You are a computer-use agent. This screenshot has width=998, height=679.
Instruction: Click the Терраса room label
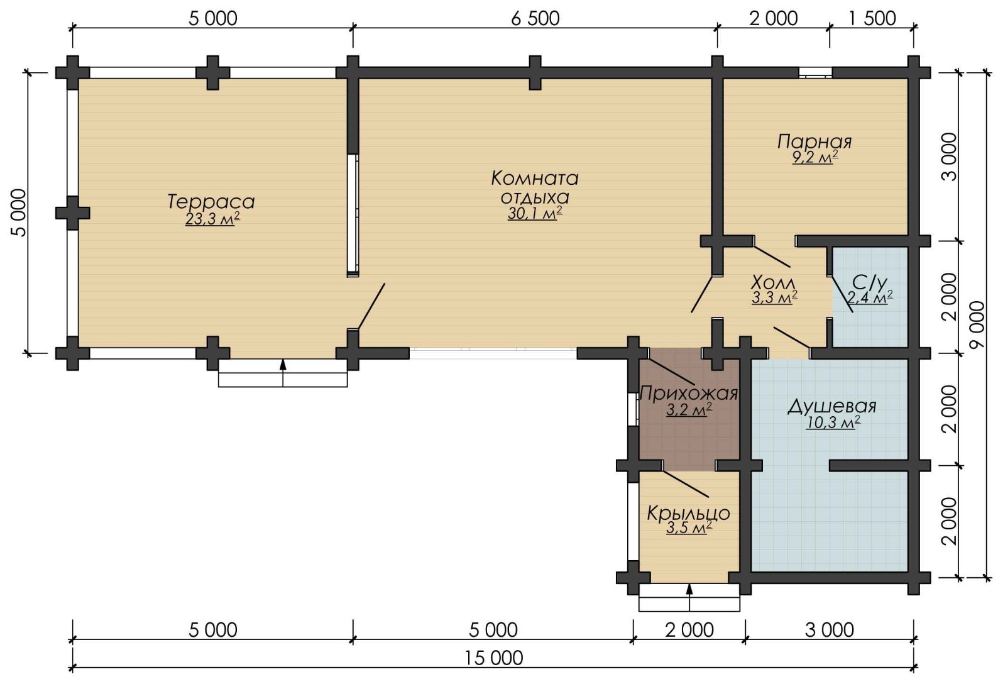pos(211,202)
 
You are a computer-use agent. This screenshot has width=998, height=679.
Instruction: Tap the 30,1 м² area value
pos(535,214)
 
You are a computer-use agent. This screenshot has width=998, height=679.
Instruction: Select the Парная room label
pos(814,142)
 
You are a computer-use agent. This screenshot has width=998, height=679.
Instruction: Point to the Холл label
pos(773,282)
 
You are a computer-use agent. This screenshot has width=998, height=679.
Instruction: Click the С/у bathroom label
pos(870,282)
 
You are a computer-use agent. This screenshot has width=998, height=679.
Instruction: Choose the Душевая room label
pos(832,407)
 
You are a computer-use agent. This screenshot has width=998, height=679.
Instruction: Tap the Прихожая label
pos(689,394)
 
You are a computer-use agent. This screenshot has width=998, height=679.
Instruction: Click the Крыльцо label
pos(688,513)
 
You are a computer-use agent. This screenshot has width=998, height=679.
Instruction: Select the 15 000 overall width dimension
pos(493,658)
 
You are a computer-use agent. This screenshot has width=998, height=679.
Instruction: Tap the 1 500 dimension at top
pos(872,19)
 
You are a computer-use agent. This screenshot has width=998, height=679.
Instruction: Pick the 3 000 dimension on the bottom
pos(830,631)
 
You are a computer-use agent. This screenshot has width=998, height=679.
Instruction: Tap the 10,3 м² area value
pos(833,422)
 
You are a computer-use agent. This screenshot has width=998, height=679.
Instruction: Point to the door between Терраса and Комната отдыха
pos(371,306)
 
